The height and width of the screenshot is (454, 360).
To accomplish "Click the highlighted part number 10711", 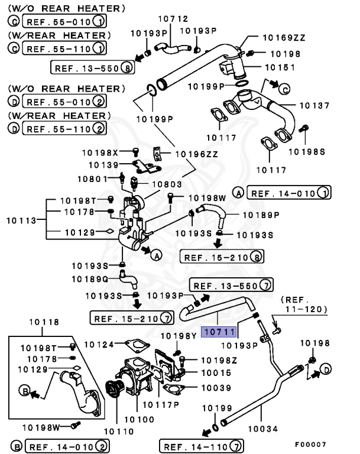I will click(219, 332).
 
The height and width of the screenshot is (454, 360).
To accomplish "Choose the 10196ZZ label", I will click(187, 154).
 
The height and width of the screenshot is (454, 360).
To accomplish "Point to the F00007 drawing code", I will click(311, 443).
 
